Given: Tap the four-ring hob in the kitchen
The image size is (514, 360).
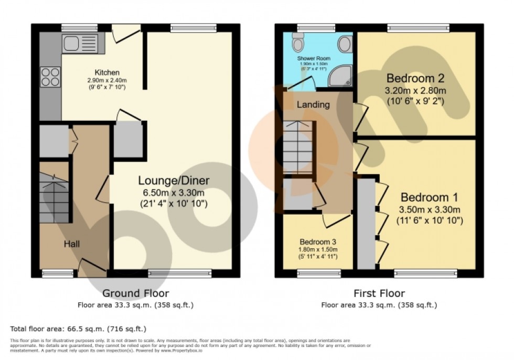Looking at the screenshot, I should point(50,78).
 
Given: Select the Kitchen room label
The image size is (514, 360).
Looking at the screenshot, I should point(107,72).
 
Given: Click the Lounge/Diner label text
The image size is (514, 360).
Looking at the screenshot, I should point(174,181).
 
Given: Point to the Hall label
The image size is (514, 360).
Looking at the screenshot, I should point(72,244).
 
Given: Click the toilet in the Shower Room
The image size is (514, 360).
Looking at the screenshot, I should point(299,41).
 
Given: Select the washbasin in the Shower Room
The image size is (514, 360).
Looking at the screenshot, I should point(345,44).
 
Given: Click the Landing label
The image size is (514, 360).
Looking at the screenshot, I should point(313,104).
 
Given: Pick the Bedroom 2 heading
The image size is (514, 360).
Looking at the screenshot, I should point(415,79).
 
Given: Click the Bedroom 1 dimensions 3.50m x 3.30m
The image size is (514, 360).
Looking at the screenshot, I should point(429,209).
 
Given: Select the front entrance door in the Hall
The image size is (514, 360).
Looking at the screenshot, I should point(92,266).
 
